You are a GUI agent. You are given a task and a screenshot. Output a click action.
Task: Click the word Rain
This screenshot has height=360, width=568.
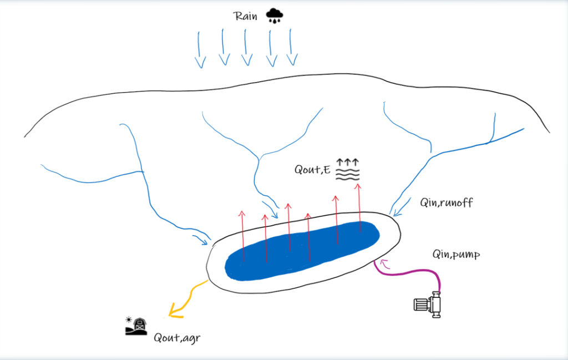245,16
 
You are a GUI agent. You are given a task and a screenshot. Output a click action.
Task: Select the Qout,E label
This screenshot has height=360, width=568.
312,170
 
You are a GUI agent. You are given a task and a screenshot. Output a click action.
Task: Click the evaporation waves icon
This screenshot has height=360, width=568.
347,169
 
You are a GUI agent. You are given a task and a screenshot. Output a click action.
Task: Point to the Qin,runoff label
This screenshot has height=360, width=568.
447,202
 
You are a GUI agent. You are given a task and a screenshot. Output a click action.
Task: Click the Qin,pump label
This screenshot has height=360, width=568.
456,254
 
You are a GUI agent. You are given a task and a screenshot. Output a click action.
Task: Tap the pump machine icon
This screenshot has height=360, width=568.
428,305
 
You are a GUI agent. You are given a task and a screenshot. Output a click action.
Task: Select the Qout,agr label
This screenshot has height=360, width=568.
177,338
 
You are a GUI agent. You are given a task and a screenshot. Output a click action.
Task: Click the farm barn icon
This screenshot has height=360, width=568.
136,326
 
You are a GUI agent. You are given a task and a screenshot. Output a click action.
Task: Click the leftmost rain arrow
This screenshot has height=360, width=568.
200,49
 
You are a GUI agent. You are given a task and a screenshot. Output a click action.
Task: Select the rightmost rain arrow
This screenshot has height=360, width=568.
292,47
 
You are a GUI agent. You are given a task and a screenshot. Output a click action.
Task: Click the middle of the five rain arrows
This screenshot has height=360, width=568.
246,47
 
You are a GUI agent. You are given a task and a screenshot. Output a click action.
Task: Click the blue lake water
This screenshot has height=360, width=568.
302,251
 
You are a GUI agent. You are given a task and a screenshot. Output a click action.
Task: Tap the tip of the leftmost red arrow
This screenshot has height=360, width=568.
242,211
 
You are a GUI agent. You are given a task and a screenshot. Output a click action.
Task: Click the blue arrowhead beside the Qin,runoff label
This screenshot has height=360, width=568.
398,212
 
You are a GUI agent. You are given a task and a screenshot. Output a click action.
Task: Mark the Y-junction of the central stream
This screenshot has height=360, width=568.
259,159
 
